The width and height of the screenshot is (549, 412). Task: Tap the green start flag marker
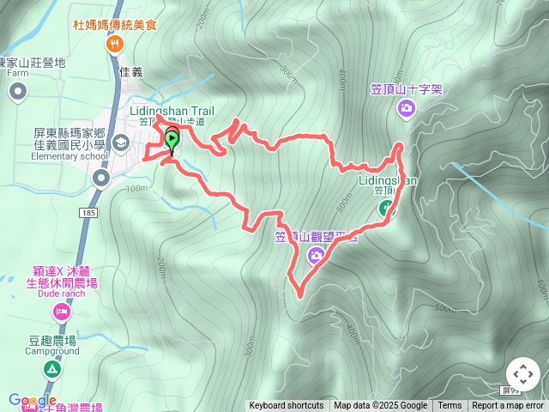172,140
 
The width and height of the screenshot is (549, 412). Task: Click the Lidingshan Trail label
171,111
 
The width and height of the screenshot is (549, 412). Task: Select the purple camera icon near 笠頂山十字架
406,107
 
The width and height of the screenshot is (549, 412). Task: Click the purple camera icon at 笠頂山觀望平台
317,254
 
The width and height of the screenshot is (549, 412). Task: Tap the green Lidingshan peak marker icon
386,208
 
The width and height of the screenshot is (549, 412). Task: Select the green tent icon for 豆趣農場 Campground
51,369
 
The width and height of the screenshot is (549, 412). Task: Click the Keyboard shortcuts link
287,406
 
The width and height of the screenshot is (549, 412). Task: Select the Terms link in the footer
449,406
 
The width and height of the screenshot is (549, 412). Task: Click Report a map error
508,406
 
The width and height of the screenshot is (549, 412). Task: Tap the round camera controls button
523,375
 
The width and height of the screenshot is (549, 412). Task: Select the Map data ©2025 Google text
380,406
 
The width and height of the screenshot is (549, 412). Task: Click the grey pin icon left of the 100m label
101,178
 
